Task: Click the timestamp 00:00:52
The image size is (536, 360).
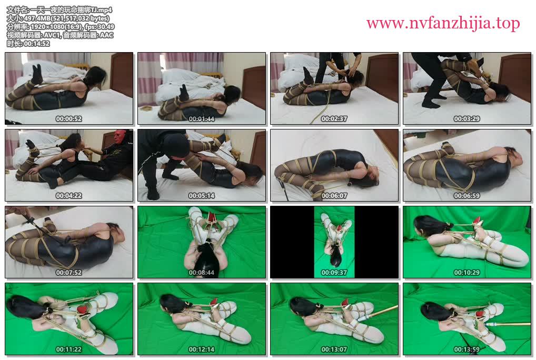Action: [68, 119]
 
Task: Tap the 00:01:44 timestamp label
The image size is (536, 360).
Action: [202, 119]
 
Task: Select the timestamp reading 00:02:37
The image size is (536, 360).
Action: [334, 119]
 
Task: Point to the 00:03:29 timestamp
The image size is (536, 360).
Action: [467, 119]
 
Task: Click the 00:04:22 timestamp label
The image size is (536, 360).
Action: [68, 196]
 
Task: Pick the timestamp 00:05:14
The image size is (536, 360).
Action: [202, 196]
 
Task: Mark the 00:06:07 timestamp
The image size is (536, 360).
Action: [334, 196]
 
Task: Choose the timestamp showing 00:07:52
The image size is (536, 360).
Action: [68, 273]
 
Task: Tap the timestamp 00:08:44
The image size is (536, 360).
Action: [202, 273]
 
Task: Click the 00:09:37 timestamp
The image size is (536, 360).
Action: [334, 273]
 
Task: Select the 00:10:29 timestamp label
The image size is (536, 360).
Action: [467, 273]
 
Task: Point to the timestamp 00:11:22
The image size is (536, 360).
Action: [68, 349]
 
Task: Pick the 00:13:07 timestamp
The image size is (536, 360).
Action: [334, 349]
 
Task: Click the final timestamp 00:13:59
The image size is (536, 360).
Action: [467, 349]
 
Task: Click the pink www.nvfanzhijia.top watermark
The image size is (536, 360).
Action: [443, 23]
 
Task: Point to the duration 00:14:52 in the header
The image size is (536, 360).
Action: [36, 44]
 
